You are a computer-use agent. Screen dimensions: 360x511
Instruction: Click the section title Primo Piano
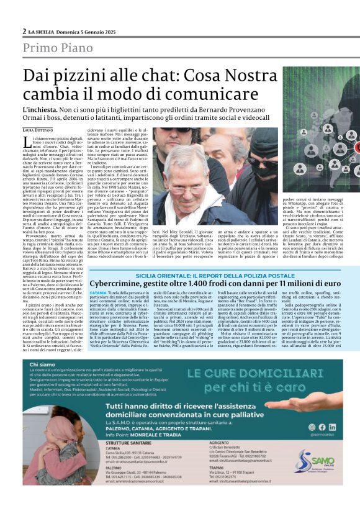[61, 48]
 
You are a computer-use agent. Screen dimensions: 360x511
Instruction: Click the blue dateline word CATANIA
[98, 292]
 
